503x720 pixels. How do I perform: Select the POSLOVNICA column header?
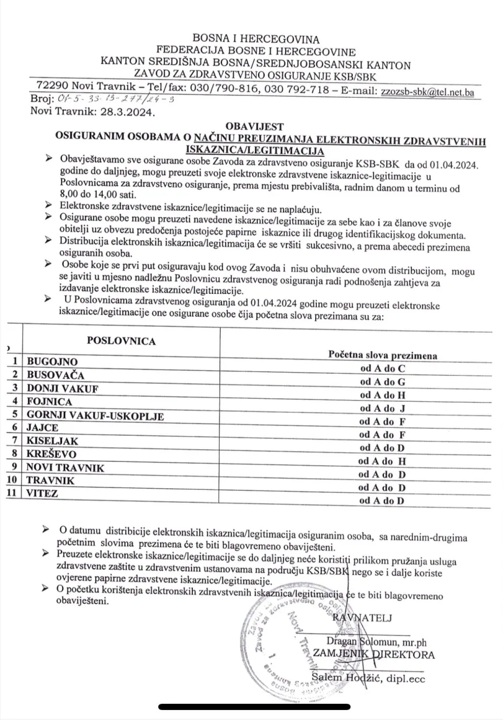pos(121,341)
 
